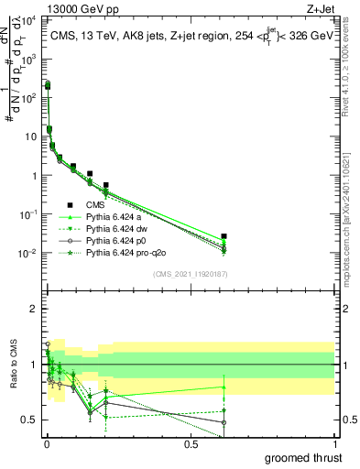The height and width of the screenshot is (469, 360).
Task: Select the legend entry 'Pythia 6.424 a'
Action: coord(115,216)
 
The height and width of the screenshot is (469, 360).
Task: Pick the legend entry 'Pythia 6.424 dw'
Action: coord(117,228)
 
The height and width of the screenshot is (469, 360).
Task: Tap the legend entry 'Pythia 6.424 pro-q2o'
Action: coord(126,252)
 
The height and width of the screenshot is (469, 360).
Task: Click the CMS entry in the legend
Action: coord(97,204)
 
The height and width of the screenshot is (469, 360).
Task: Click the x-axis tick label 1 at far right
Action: coord(334,443)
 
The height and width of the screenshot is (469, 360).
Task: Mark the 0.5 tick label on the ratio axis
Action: coord(29,420)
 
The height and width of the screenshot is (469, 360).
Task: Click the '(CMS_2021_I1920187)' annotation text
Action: coord(190,274)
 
